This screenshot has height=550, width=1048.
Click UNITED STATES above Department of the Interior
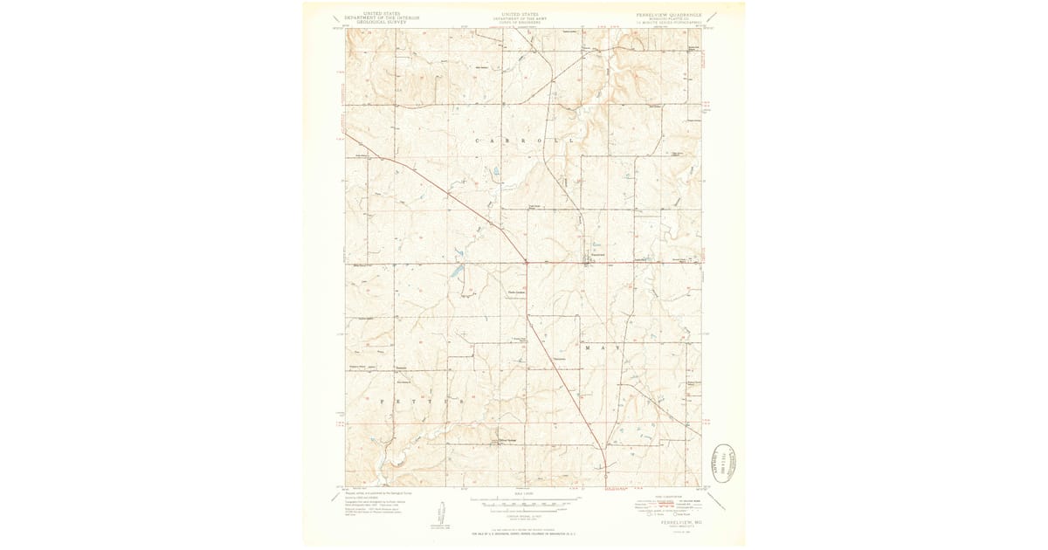click(382, 14)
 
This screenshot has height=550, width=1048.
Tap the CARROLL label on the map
click(524, 140)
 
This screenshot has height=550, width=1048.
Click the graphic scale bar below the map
click(524, 505)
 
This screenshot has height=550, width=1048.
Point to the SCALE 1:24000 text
click(524, 495)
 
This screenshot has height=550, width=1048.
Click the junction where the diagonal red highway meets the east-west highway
click(526, 261)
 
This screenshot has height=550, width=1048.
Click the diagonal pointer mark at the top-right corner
click(712, 16)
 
